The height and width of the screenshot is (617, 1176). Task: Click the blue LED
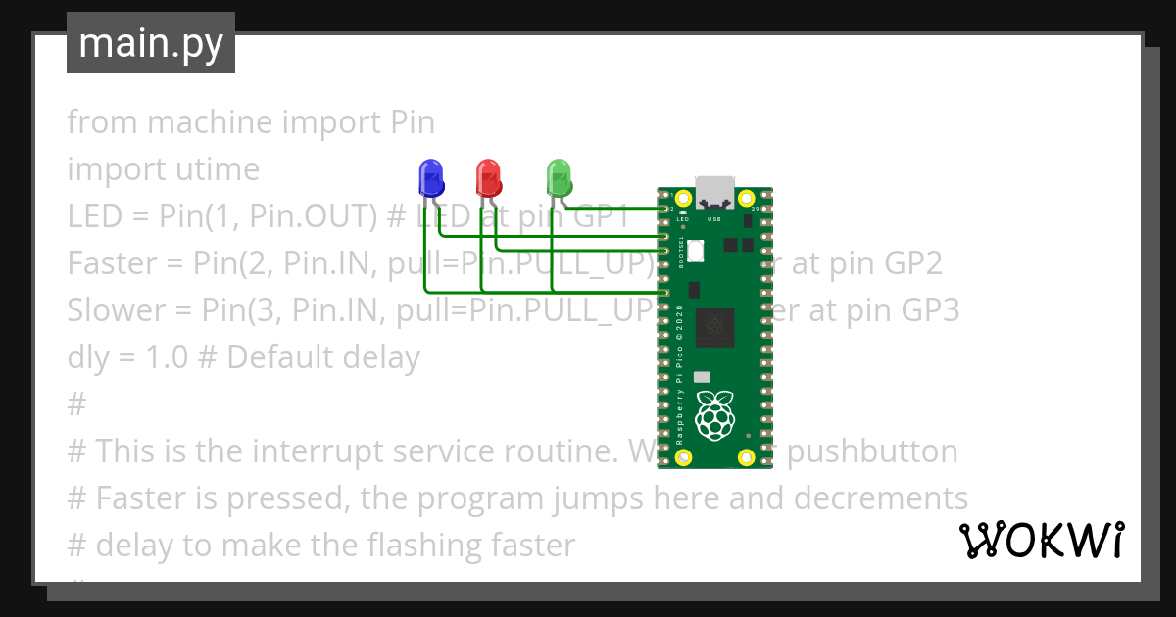pos(430,177)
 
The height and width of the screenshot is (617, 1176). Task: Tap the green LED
pos(559,177)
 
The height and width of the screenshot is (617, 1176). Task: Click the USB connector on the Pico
pos(714,192)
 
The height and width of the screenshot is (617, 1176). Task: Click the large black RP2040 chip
pos(714,327)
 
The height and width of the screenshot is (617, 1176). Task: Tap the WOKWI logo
pos(1041,540)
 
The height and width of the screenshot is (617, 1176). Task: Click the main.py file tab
pos(151,44)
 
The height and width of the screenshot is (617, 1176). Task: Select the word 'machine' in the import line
pos(210,122)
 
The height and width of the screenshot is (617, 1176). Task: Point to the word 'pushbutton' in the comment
pos(873,451)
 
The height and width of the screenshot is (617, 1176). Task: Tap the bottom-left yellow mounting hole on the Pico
pos(685,457)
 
